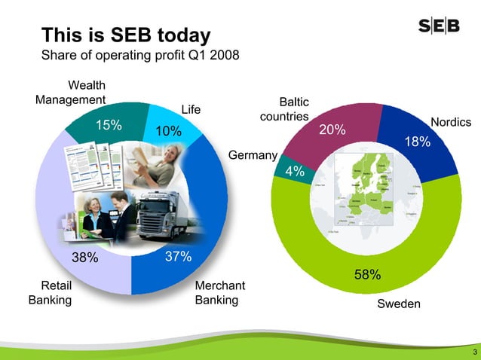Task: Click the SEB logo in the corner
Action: point(440,27)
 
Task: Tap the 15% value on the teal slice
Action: point(108,125)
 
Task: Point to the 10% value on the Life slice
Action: point(169,132)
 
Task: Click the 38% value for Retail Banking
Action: point(85,258)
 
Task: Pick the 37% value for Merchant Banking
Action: point(178,258)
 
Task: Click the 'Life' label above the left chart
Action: point(191,110)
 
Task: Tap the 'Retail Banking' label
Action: point(50,293)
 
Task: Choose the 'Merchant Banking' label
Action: point(220,293)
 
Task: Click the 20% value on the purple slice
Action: point(332,130)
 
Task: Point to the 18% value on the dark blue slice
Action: point(418,142)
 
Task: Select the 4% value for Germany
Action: point(295,172)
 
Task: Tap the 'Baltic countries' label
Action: point(285,109)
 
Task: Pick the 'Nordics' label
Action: point(450,123)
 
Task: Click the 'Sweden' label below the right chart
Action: point(399,304)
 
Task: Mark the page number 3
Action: point(473,352)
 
